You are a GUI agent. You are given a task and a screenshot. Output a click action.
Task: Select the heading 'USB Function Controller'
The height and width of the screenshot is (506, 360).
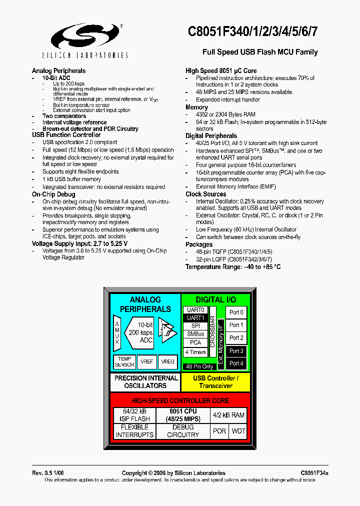(66, 135)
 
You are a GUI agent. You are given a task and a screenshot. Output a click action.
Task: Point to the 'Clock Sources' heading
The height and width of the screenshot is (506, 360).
(205, 194)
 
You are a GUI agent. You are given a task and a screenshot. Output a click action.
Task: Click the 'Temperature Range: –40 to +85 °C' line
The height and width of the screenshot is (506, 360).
(233, 267)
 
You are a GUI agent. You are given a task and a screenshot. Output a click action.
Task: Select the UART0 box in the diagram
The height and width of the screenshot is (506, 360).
(195, 310)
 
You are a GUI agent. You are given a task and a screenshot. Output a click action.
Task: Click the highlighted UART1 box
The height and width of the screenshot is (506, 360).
(195, 318)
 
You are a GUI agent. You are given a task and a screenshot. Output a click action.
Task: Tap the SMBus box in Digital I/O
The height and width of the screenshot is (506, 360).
(195, 334)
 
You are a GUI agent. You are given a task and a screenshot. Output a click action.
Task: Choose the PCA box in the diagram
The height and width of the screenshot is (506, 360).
(195, 342)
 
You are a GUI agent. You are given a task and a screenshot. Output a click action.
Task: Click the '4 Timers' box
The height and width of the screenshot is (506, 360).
(195, 352)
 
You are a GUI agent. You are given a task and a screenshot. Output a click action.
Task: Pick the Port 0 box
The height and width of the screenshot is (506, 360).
(236, 312)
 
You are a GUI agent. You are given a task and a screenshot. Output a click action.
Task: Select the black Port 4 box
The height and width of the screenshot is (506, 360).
(236, 363)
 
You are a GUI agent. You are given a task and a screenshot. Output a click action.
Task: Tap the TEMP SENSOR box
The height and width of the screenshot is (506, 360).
(124, 362)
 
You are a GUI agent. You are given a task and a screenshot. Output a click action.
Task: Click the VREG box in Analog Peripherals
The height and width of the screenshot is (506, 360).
(167, 362)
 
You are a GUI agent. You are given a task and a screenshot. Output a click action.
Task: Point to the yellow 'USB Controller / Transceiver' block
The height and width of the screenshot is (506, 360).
(215, 382)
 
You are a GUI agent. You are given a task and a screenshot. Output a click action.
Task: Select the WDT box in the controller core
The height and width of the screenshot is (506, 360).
(238, 431)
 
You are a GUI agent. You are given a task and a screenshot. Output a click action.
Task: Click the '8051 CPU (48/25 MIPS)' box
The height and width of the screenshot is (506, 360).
(183, 415)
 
